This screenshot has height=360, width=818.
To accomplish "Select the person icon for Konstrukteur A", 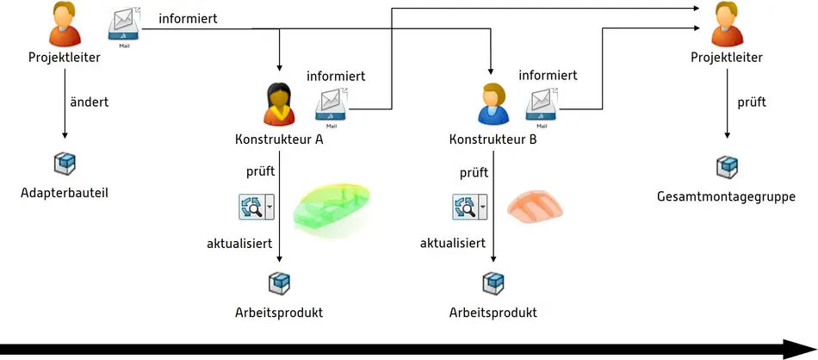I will [279, 105].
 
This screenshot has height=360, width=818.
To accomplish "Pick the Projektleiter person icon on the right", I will [728, 25].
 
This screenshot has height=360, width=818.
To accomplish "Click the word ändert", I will [89, 102].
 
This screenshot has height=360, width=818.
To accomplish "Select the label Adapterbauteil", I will [65, 192].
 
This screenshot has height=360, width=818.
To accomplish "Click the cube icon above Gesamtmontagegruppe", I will [728, 165].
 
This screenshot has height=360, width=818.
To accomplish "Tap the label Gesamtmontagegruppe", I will [726, 196].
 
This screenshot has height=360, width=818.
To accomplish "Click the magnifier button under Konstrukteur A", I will [257, 208].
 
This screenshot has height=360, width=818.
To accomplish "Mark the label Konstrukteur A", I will [279, 139].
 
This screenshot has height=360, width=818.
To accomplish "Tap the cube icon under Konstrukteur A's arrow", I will [280, 282].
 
